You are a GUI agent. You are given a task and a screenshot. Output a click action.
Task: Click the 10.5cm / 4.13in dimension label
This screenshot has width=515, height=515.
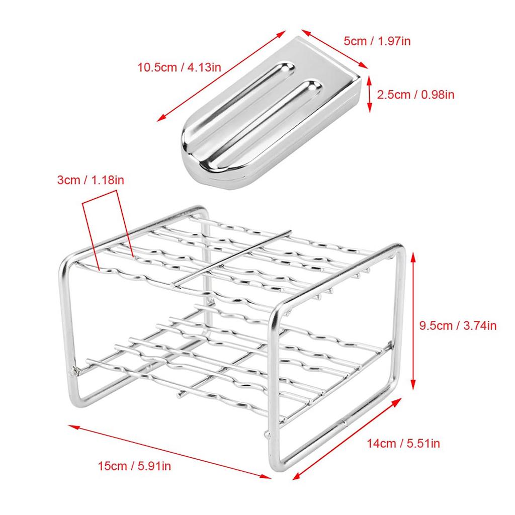[179, 66]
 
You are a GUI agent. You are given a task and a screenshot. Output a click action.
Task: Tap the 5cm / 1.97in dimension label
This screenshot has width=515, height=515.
[377, 41]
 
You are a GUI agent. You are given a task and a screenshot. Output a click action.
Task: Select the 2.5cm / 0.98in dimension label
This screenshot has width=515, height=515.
[416, 94]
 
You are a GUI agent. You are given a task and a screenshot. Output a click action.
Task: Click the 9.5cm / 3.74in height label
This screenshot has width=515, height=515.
[458, 325]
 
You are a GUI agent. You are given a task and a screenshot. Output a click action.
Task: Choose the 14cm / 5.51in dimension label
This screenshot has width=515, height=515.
[403, 443]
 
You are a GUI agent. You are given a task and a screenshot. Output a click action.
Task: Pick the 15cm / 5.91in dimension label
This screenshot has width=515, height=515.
[134, 466]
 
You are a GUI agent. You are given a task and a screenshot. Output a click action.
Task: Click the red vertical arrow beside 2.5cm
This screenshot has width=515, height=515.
[370, 94]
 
